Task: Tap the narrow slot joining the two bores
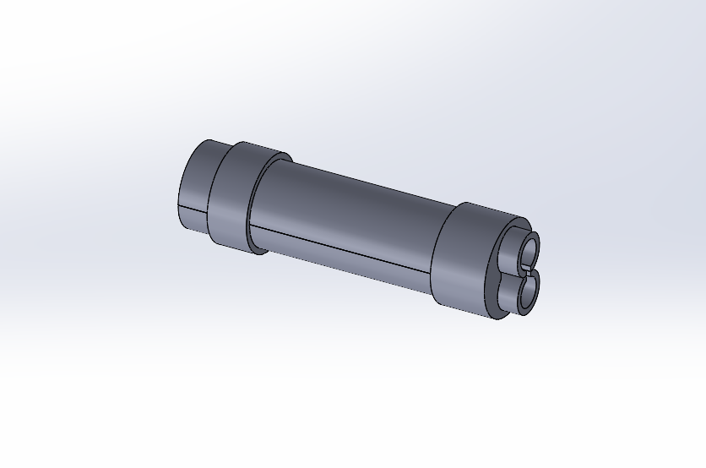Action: (529, 271)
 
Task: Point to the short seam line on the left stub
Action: (192, 207)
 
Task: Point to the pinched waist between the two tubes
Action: (510, 268)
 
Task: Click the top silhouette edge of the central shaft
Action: (363, 176)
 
